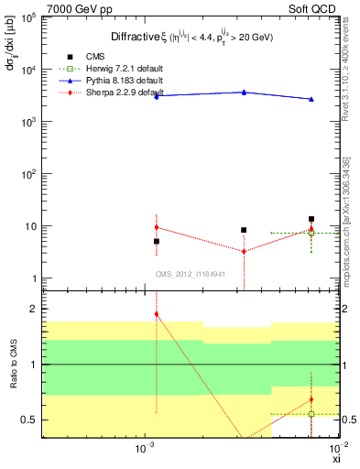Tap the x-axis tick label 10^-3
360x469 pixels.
point(143,449)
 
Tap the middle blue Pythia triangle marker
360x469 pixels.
point(244,92)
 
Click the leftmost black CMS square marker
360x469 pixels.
point(157,241)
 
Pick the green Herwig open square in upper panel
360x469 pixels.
point(311,233)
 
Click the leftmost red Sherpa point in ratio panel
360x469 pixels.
point(157,313)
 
